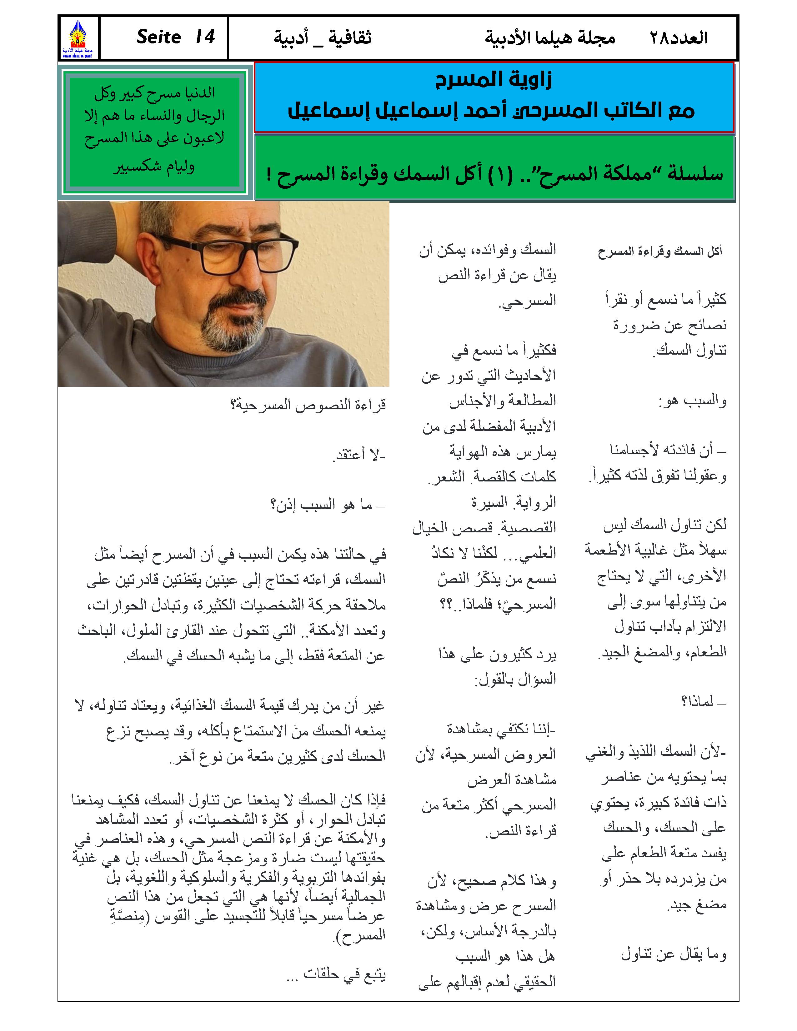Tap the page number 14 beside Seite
(x=205, y=37)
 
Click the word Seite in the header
(x=159, y=37)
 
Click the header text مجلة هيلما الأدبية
(x=550, y=38)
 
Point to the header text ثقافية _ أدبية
(x=323, y=38)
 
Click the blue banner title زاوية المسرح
(x=494, y=80)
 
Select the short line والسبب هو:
(x=692, y=401)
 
